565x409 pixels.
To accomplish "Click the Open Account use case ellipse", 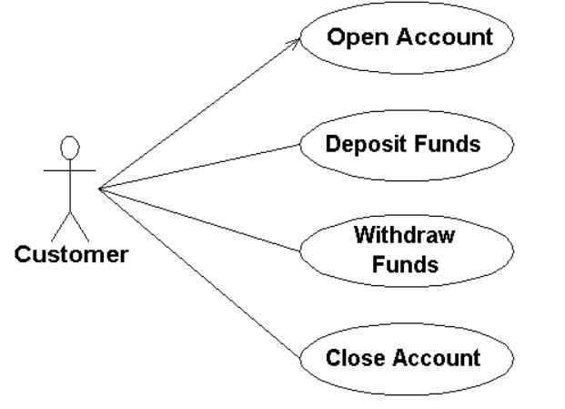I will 408,38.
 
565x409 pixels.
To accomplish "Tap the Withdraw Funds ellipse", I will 405,250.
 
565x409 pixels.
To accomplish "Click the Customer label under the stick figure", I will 71,254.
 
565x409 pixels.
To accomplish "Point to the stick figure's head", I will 69,146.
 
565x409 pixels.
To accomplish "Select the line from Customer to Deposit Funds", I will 200,166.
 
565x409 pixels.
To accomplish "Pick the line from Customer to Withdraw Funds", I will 200,218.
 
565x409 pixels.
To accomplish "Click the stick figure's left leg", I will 60,226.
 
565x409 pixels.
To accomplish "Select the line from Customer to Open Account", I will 200,113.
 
